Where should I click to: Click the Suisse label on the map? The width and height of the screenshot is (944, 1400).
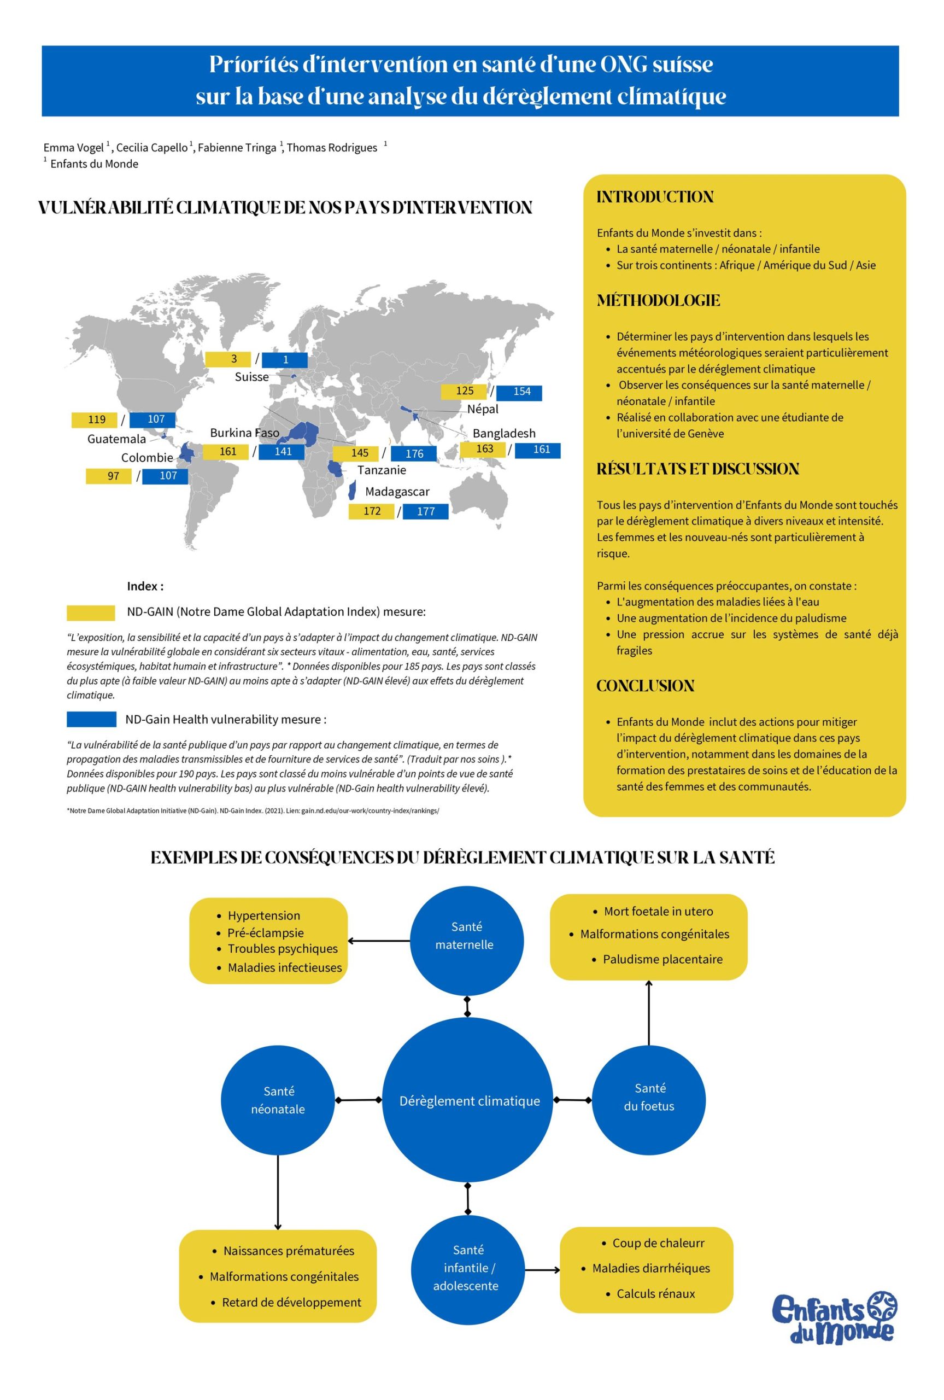tap(251, 377)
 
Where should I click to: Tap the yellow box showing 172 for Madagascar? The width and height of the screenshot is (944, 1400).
tap(372, 511)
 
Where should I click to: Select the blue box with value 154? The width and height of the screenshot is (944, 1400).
tap(518, 392)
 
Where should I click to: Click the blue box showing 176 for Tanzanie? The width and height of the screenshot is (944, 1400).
tap(414, 453)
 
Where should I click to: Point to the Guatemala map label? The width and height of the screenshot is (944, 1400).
tap(116, 439)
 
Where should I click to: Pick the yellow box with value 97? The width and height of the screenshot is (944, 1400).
tap(109, 476)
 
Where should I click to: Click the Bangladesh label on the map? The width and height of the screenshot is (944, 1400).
tap(503, 433)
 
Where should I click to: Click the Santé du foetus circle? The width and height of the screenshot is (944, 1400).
tap(648, 1100)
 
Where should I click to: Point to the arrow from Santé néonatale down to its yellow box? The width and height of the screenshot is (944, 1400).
tap(278, 1192)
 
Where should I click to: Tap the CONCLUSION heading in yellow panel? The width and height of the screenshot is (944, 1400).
tap(646, 686)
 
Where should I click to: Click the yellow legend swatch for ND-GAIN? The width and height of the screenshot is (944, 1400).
tap(91, 612)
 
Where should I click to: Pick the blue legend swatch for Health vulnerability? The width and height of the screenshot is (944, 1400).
tap(91, 720)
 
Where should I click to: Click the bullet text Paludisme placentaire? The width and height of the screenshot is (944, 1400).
tap(662, 959)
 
